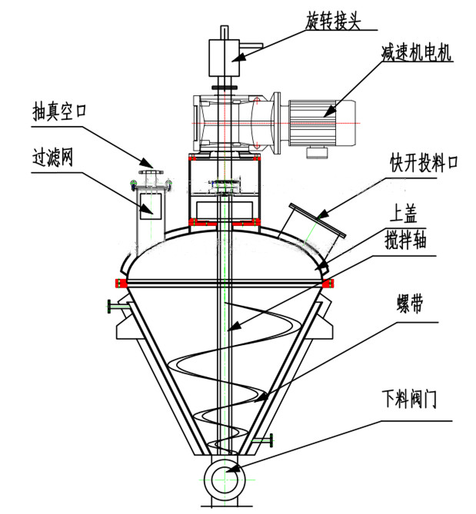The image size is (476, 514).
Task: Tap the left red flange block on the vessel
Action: tap(121, 283)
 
